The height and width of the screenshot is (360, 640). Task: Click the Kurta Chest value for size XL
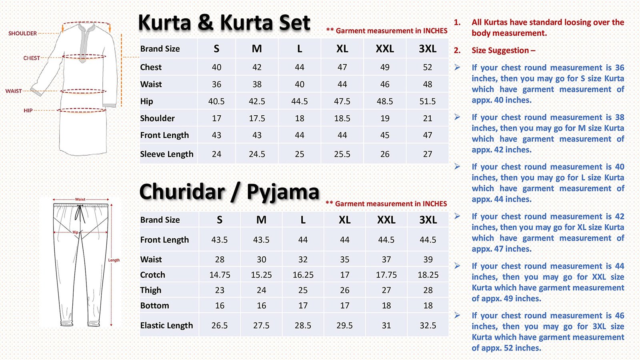pos(342,67)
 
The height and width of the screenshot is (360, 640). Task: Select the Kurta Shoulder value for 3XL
pos(428,118)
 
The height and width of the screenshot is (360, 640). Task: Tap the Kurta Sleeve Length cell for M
pos(257,154)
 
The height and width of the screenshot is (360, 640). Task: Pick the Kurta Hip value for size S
pos(216,102)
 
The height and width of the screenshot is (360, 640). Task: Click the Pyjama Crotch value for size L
pos(303,275)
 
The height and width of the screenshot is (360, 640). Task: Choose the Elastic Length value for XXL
pos(386,326)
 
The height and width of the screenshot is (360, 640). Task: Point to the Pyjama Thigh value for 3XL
pos(428,290)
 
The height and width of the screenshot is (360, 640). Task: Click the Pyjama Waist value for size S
pos(220,260)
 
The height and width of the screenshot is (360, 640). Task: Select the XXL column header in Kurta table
pos(385,49)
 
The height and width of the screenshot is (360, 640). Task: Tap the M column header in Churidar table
pos(261,220)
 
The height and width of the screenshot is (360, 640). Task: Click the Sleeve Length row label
pos(166,154)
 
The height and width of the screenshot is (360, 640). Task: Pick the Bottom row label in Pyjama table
pos(154,306)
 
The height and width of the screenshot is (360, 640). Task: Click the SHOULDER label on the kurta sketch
pos(22,33)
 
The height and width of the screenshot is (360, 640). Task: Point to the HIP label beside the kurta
pos(28,110)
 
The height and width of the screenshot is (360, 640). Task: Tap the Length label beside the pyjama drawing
pos(114,260)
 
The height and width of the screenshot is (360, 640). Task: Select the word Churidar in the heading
pos(182,192)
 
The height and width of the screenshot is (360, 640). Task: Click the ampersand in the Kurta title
pos(205,22)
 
